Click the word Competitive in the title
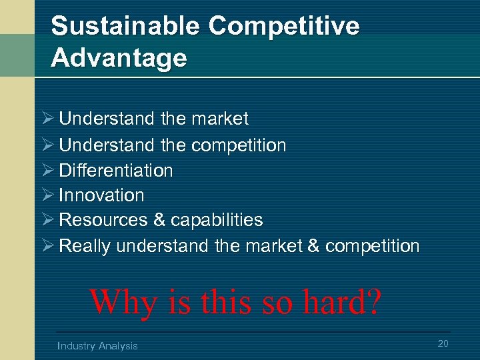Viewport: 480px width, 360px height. [x=284, y=27]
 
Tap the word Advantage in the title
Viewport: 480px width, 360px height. [x=119, y=58]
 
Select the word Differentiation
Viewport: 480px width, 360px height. [x=116, y=171]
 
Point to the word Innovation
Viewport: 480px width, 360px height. [x=101, y=195]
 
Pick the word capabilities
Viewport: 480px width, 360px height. [x=217, y=220]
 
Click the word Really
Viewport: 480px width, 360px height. [x=85, y=246]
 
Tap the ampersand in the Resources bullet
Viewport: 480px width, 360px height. [x=159, y=220]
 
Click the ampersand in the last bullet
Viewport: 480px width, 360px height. [x=313, y=246]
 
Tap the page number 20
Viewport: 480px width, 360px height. [x=443, y=343]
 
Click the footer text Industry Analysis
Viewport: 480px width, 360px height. [x=97, y=345]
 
